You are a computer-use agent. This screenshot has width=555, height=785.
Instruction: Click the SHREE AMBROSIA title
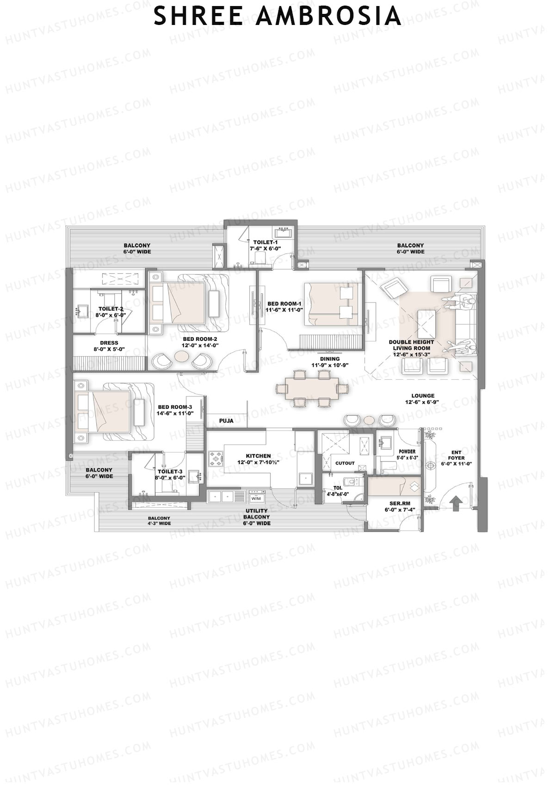[x=277, y=16]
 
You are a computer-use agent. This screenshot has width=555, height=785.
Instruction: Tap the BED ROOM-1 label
[x=284, y=304]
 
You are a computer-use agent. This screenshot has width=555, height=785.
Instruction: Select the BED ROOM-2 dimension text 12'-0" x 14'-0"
[x=200, y=345]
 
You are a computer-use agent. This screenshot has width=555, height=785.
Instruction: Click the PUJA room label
[x=226, y=421]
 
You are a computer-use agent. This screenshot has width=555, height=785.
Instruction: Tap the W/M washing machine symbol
[x=256, y=498]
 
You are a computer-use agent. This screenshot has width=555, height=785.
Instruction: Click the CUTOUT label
[x=345, y=463]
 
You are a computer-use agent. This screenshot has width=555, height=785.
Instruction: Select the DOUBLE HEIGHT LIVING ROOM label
[x=411, y=348]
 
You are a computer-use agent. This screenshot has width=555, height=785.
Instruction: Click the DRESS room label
[x=109, y=343]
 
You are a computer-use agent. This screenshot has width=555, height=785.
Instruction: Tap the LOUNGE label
[x=423, y=396]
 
